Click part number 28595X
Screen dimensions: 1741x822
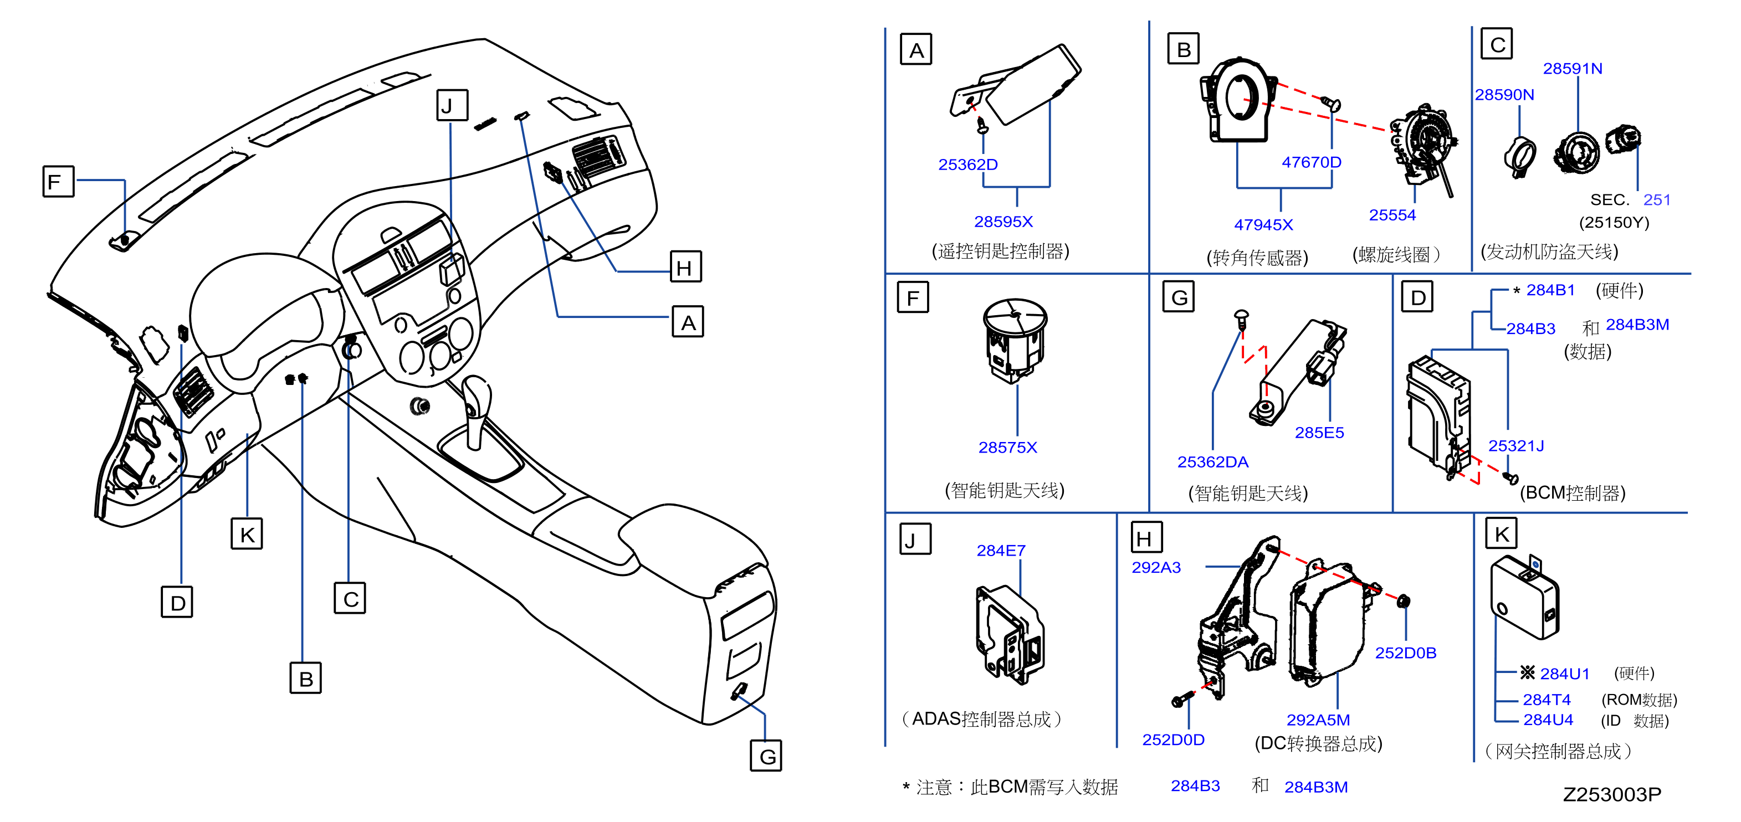(1003, 221)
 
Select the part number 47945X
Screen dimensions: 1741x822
(1263, 224)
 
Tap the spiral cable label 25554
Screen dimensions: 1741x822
(1392, 215)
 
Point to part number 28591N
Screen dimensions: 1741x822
(1572, 68)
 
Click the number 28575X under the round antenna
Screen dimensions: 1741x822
(1008, 447)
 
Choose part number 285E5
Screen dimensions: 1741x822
(1319, 432)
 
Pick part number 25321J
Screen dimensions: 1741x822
(1516, 446)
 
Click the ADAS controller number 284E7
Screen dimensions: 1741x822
(1001, 551)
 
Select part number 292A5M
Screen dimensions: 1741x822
(1318, 720)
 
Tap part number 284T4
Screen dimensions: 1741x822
(1547, 700)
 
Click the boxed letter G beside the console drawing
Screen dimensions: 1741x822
(766, 756)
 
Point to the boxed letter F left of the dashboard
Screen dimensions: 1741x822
(58, 181)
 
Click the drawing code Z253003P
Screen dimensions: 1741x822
(1612, 794)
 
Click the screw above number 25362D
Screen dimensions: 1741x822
(984, 125)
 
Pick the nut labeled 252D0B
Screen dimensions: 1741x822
(1403, 600)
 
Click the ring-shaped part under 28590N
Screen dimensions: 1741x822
(1520, 157)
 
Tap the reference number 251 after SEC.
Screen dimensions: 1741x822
(1657, 200)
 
